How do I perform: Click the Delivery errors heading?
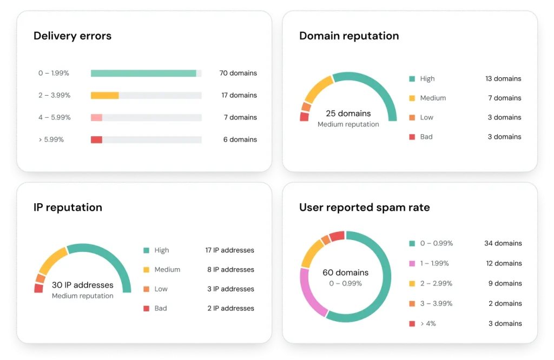(x=72, y=36)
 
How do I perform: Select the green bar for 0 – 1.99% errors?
(x=143, y=73)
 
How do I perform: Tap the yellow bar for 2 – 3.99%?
(x=104, y=95)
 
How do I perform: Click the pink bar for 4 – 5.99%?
(x=96, y=117)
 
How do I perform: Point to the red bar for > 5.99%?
(x=96, y=139)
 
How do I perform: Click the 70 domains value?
(x=238, y=73)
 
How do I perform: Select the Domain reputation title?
(x=349, y=36)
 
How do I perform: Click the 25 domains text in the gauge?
(x=348, y=114)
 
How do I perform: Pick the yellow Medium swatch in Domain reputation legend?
(x=412, y=98)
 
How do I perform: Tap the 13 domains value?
(x=503, y=78)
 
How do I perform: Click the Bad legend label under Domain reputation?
(x=426, y=137)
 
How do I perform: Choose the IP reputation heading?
(x=68, y=207)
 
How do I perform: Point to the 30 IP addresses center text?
(x=83, y=285)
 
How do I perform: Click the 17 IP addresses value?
(x=229, y=250)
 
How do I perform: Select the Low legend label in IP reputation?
(x=161, y=289)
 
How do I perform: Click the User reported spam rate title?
(x=364, y=208)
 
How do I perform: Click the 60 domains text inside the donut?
(x=345, y=272)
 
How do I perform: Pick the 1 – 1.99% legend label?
(x=434, y=263)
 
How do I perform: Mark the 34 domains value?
(x=503, y=243)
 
